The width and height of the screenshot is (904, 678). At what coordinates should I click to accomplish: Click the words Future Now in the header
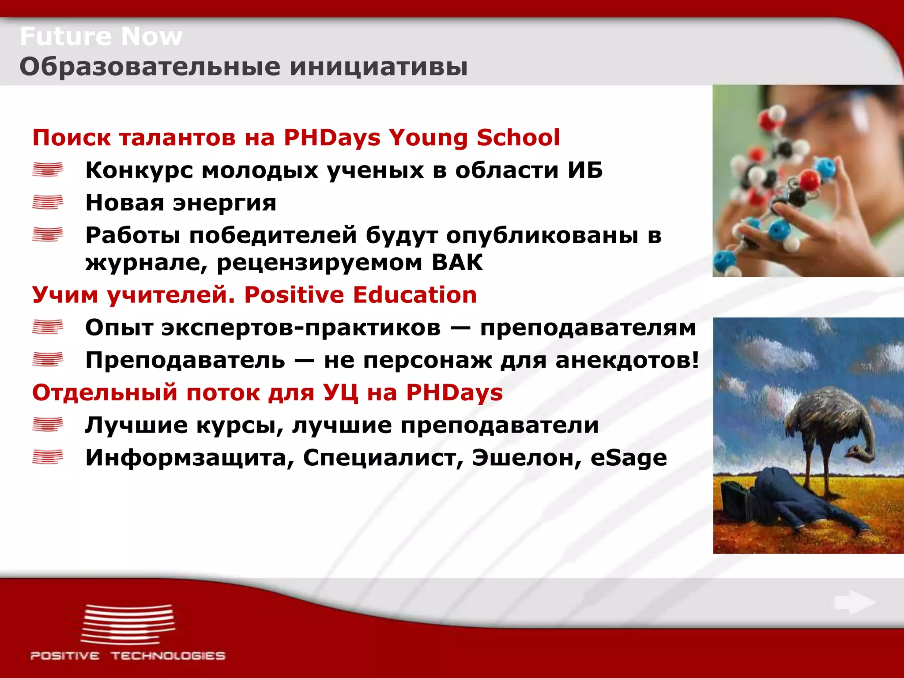click(101, 36)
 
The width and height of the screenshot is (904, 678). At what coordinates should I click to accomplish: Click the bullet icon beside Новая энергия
click(48, 203)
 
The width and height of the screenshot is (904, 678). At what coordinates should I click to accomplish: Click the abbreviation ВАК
click(457, 263)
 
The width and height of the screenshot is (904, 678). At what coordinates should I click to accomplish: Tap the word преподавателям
click(588, 328)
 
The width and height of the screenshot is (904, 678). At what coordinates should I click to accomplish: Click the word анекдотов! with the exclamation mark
click(627, 360)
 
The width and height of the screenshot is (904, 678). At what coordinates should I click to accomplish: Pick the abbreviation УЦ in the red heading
click(340, 393)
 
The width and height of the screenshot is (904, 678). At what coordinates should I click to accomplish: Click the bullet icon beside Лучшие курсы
click(48, 425)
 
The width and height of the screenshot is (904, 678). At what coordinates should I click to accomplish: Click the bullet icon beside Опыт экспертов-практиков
click(48, 328)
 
